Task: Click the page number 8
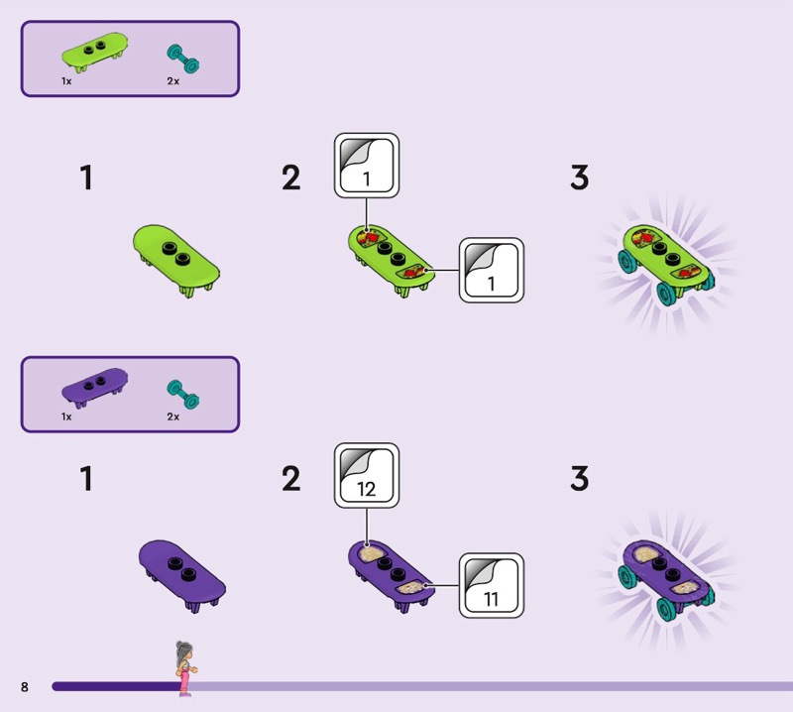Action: (x=24, y=686)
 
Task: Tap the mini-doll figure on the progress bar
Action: (x=185, y=668)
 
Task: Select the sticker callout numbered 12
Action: (x=367, y=476)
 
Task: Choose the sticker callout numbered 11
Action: (x=492, y=585)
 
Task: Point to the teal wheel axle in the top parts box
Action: (x=183, y=59)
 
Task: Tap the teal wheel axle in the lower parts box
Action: (x=183, y=395)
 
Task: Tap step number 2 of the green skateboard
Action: (x=290, y=178)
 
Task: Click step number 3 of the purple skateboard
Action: (x=580, y=478)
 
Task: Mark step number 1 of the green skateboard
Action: (x=86, y=178)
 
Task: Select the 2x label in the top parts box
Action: (x=172, y=81)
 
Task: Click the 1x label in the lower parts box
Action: (x=66, y=416)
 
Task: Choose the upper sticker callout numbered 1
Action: (x=367, y=166)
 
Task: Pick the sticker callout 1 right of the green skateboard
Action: (x=492, y=271)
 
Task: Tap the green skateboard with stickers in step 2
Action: (x=391, y=260)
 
